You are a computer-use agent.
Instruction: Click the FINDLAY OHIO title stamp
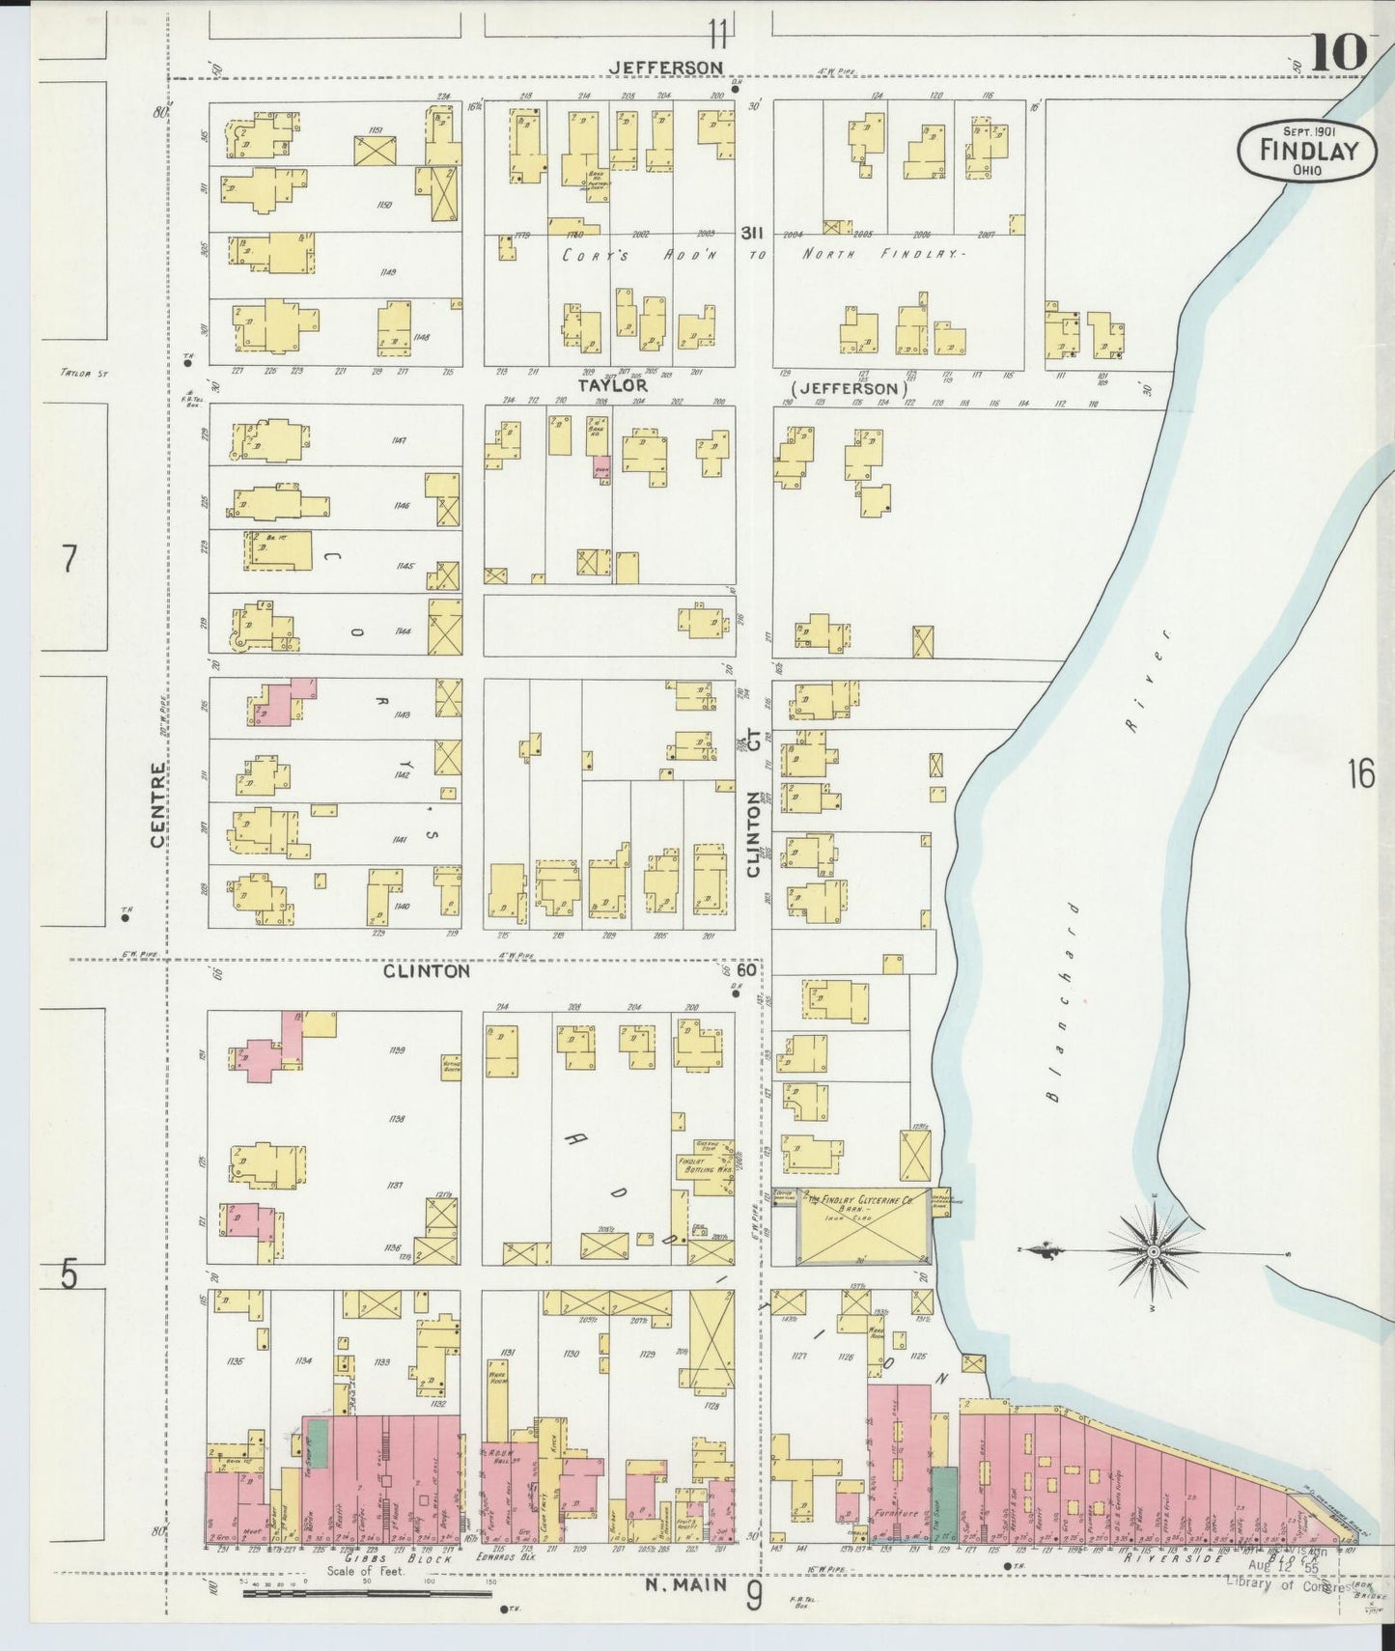tap(1307, 151)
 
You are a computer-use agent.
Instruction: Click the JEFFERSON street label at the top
tap(666, 68)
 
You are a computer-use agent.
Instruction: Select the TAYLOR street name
tap(612, 385)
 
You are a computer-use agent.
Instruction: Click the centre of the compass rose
tap(1153, 1252)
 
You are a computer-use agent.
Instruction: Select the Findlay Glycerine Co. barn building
tap(862, 1225)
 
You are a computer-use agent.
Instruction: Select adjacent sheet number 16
tap(1360, 772)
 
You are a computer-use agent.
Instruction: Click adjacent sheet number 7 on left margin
tap(69, 559)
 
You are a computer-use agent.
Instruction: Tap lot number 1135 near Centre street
tap(234, 1361)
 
